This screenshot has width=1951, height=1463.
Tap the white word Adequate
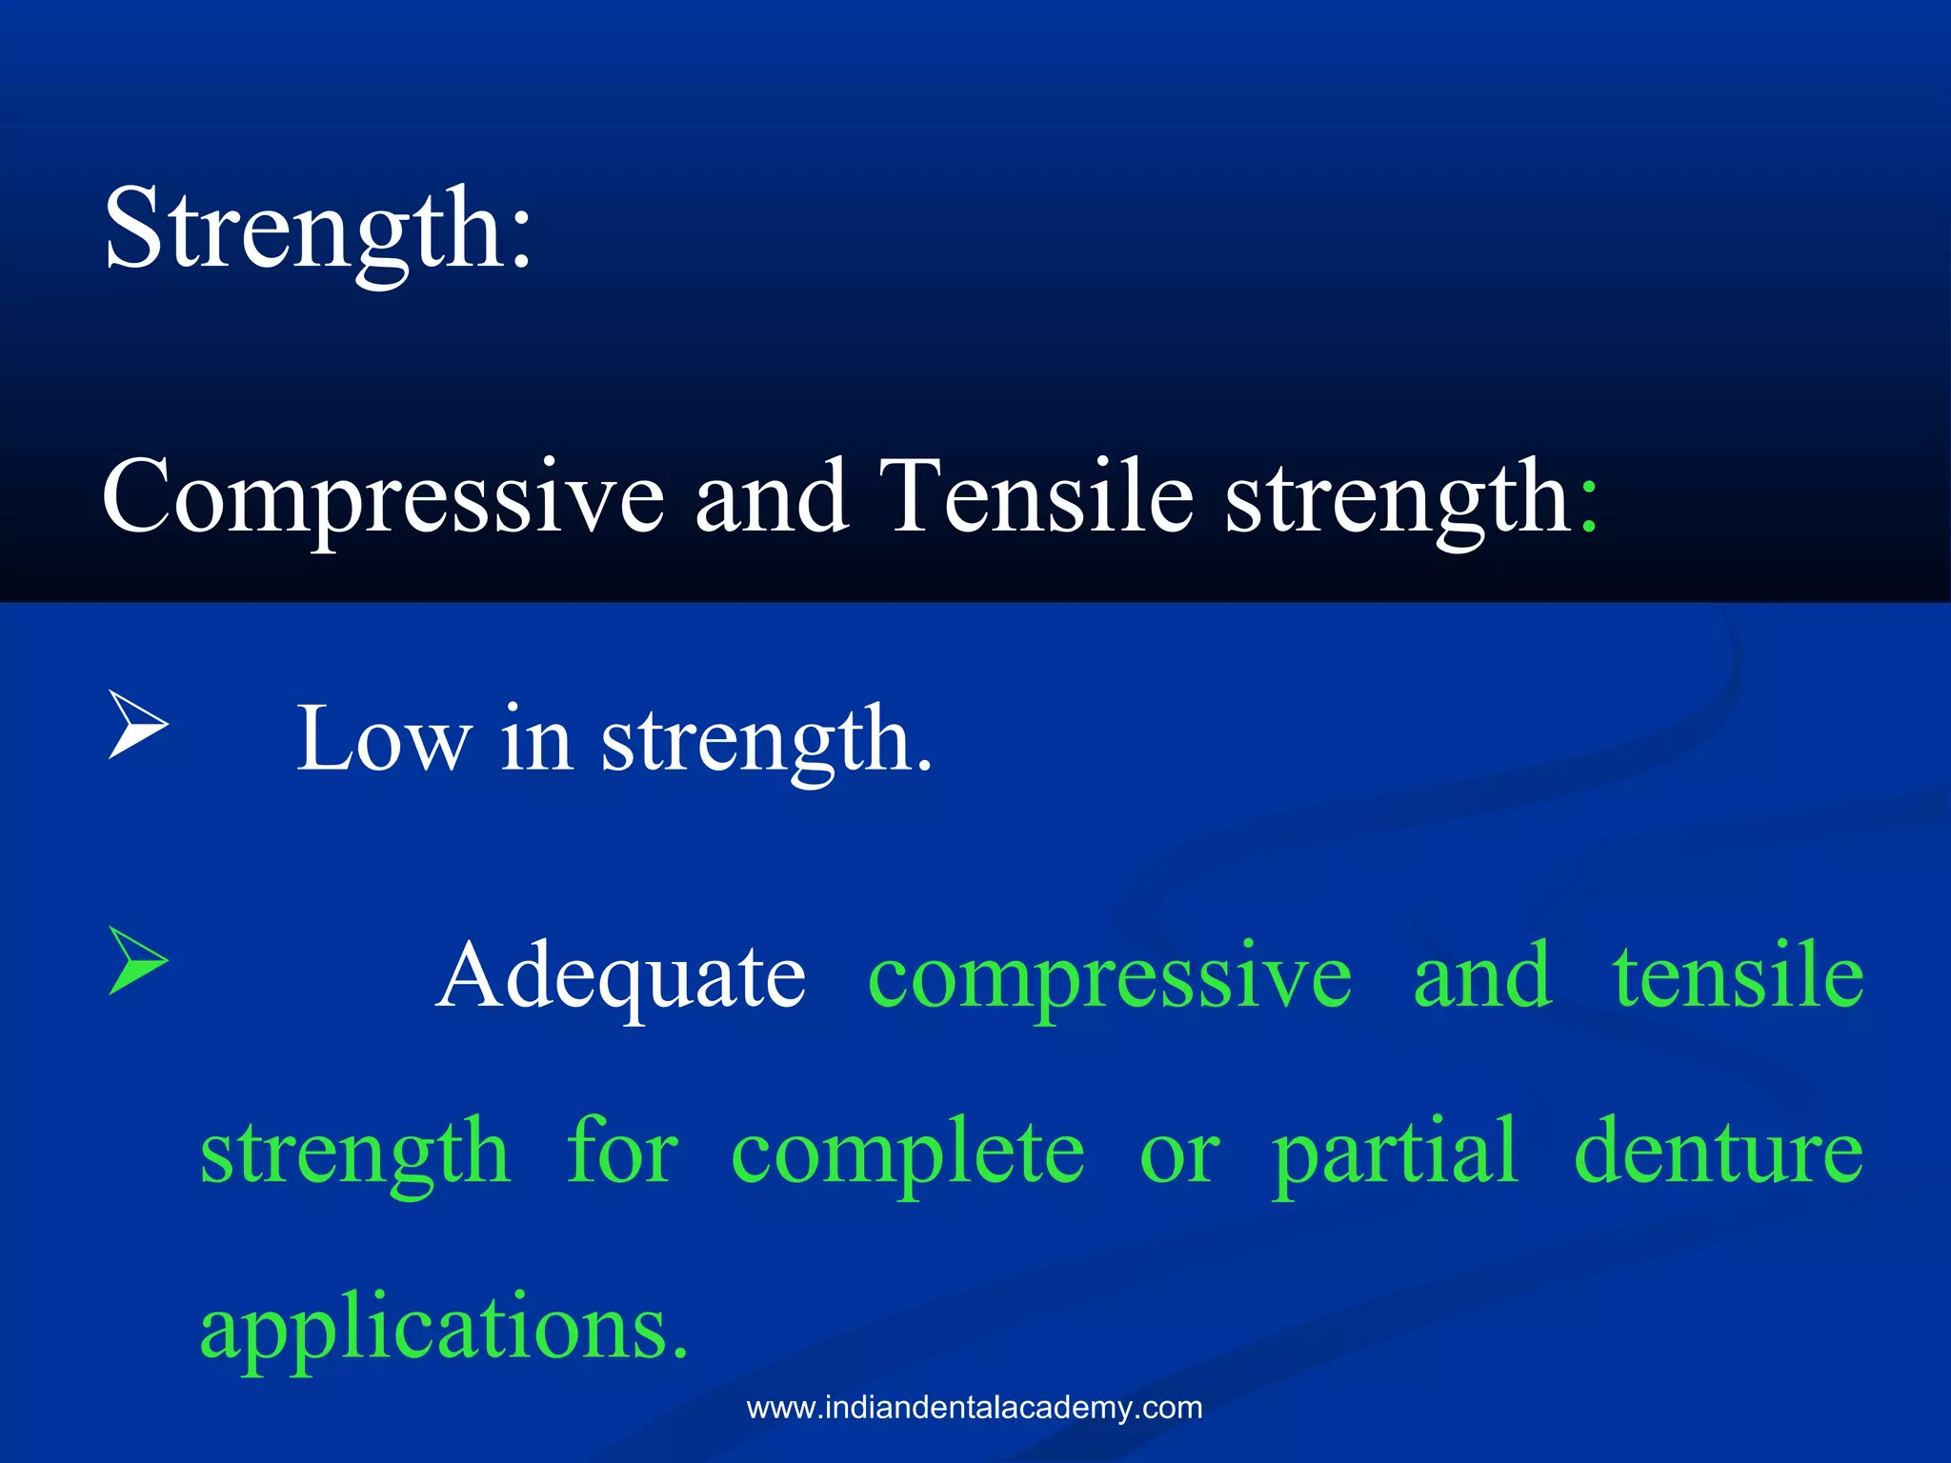point(621,976)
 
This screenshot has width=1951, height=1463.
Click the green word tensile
point(1738,975)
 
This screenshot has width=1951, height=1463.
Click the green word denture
point(1719,1152)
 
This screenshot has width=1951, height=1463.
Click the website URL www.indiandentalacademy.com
point(975,1408)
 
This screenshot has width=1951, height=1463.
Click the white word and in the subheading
point(771,496)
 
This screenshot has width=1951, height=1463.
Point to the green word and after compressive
point(1481,975)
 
